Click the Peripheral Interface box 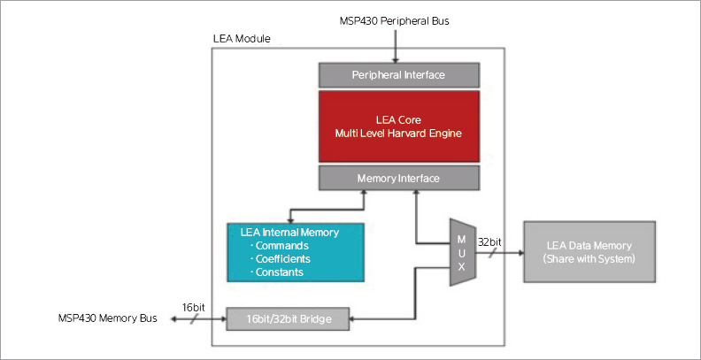(398, 74)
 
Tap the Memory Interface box (398, 178)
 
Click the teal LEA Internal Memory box (296, 251)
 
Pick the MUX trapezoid (461, 252)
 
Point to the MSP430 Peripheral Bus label (396, 20)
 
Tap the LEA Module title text (242, 39)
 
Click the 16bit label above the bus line (192, 305)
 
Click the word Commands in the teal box (281, 245)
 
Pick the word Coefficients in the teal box (283, 258)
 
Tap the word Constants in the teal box (280, 272)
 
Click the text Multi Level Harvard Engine (398, 133)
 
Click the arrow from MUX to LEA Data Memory (501, 252)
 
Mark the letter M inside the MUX (460, 238)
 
